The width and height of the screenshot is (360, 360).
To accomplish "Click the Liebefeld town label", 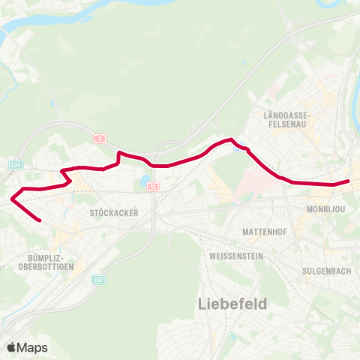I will (x=232, y=304).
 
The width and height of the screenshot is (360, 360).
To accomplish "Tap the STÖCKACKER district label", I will (x=113, y=213).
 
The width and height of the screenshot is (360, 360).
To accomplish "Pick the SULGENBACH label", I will (x=327, y=271).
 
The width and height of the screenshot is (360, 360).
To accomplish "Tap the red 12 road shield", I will (x=152, y=185).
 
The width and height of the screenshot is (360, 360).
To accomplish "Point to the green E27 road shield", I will (x=98, y=280).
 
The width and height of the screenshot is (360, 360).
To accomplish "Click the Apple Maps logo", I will (x=27, y=347).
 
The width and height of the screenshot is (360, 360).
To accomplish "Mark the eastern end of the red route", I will (x=349, y=181).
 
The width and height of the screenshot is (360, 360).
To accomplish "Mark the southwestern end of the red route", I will (x=40, y=220).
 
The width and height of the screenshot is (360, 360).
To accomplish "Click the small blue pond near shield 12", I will (x=142, y=180).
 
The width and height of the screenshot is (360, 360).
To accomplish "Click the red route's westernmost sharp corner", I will (x=12, y=199).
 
